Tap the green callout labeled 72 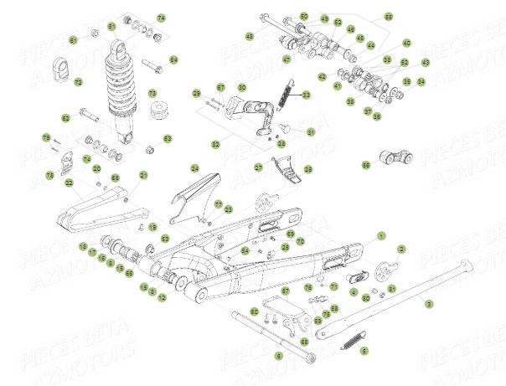pos(78,82)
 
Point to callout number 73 pos(152,93)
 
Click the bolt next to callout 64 pos(152,63)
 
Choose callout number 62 pos(65,118)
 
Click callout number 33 pos(306,95)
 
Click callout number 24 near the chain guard pos(194,167)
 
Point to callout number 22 pos(69,183)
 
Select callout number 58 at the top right pos(388,17)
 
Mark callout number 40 pos(406,43)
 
